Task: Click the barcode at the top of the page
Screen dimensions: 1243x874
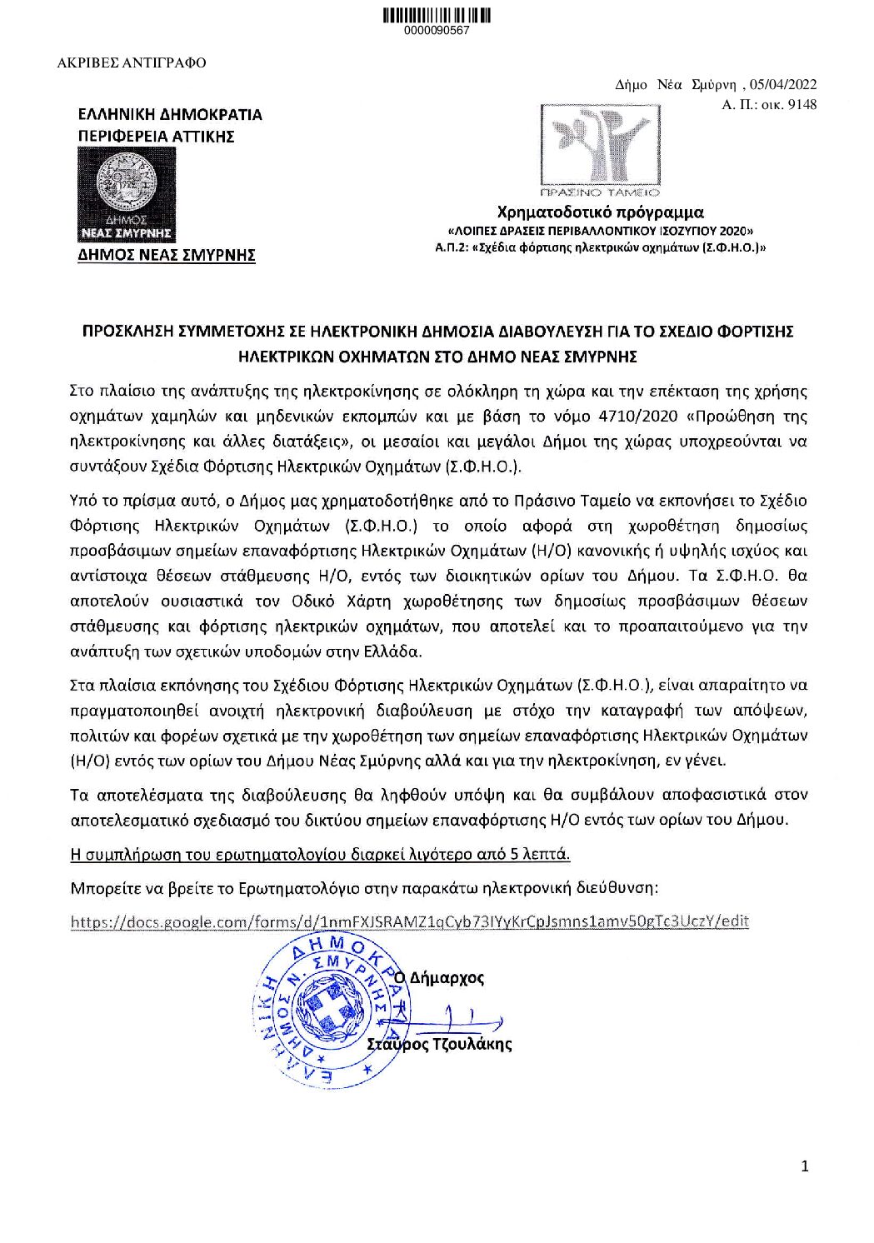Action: (437, 14)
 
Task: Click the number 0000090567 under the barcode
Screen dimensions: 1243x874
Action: (437, 31)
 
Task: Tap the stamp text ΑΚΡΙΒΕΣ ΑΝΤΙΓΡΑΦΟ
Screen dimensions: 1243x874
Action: (132, 62)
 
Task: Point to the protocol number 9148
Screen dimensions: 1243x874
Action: (801, 104)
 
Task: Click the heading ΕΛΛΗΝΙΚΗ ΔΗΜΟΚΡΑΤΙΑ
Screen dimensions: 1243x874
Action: (169, 114)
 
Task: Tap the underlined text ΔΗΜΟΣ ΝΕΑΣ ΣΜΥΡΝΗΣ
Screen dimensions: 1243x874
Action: (166, 255)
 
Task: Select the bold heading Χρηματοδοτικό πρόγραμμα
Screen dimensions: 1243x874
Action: (600, 212)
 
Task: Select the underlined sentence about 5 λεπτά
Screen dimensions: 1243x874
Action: (321, 853)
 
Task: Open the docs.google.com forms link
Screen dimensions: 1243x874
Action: (410, 921)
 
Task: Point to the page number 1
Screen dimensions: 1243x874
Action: (804, 1166)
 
